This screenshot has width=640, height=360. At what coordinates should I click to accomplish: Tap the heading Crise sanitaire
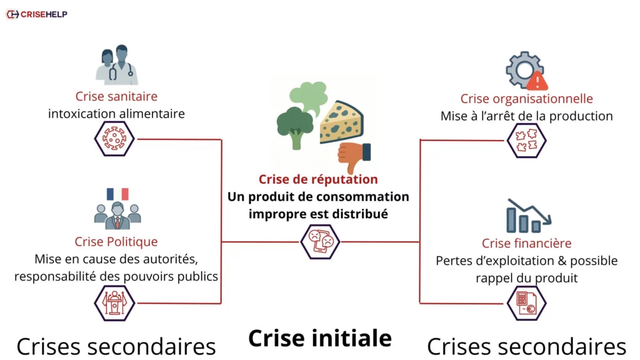point(116,96)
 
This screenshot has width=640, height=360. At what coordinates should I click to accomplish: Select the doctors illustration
point(116,65)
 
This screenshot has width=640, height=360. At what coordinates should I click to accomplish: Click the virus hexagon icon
point(114,139)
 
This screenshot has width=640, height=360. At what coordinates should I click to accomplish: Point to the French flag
point(117,194)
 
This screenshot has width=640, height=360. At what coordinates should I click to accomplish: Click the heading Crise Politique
point(116,241)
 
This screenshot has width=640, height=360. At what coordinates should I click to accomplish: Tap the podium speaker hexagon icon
point(114,303)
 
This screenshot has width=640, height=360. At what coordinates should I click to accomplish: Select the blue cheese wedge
point(341,122)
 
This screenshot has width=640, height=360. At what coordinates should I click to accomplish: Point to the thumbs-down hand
point(353,157)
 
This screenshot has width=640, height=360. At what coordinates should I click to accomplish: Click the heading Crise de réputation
point(318,179)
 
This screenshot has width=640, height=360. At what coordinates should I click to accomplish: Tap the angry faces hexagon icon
point(320,241)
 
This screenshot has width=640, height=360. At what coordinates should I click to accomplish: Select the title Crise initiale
point(320,338)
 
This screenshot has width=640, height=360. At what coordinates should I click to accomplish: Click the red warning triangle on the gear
point(536,81)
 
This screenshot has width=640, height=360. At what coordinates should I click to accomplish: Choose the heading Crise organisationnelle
point(526,99)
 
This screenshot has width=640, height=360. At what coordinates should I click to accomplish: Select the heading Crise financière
point(526,243)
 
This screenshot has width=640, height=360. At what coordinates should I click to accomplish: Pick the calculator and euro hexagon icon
point(526,303)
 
